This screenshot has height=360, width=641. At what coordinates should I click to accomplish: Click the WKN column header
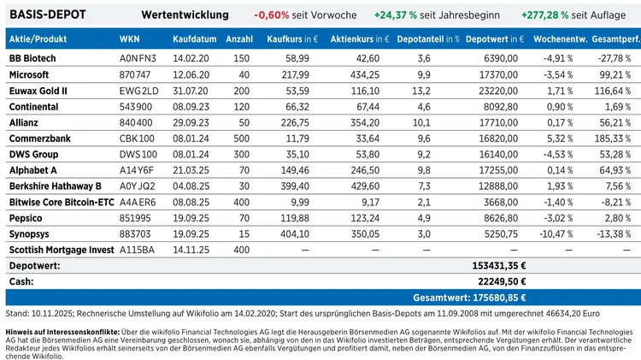click(130, 39)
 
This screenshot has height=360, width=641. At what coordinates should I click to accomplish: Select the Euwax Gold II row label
click(37, 90)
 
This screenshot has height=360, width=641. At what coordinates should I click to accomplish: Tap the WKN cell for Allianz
click(137, 122)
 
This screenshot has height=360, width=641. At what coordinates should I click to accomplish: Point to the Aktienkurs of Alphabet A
click(363, 170)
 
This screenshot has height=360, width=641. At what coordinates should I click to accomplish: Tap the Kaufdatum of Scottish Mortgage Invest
click(191, 250)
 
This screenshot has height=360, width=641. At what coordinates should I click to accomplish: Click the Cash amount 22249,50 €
click(499, 281)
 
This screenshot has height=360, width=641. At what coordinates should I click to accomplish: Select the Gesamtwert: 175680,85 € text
click(469, 298)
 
